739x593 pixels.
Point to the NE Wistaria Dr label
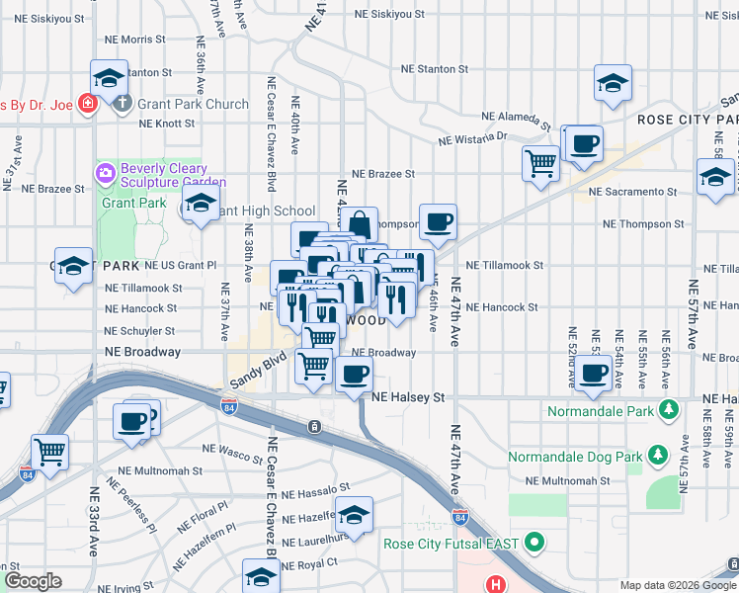point(472,138)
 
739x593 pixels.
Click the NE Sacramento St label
point(632,192)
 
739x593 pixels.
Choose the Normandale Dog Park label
point(574,457)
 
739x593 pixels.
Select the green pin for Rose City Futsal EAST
point(534,543)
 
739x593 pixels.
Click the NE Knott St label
point(167,125)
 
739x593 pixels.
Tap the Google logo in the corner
point(33,581)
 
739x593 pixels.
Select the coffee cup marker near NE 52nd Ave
point(594,375)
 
